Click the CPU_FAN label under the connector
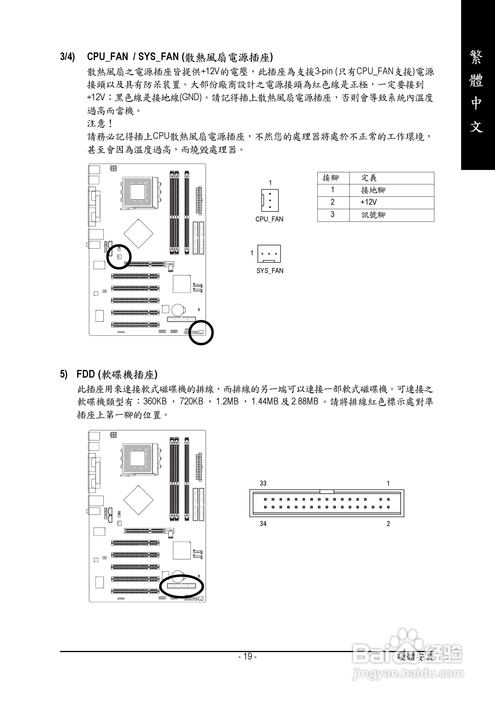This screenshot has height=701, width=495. tap(269, 219)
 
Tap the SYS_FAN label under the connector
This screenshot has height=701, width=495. tap(270, 271)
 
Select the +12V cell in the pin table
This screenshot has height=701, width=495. tap(369, 202)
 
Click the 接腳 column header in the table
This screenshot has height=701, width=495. tap(331, 178)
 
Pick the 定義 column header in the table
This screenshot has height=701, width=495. tap(369, 178)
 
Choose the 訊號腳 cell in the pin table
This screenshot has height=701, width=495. tap(373, 215)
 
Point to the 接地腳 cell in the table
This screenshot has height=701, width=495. tap(373, 190)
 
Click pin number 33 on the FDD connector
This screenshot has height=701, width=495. tap(263, 483)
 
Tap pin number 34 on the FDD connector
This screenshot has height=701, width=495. tap(263, 524)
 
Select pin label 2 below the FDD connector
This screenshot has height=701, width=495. tap(388, 524)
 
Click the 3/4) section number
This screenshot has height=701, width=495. tap(67, 57)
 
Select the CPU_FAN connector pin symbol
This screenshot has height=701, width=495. tap(270, 200)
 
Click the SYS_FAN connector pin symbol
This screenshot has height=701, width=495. tap(269, 254)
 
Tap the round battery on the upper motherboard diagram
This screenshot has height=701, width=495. tap(178, 310)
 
